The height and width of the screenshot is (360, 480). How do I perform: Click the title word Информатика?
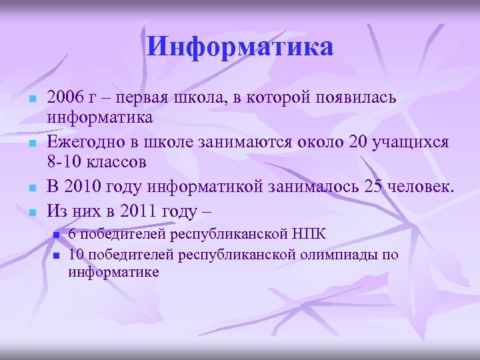click(240, 47)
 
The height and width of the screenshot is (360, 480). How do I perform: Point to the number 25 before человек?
click(375, 188)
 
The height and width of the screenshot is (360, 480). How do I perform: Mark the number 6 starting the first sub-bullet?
click(73, 235)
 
